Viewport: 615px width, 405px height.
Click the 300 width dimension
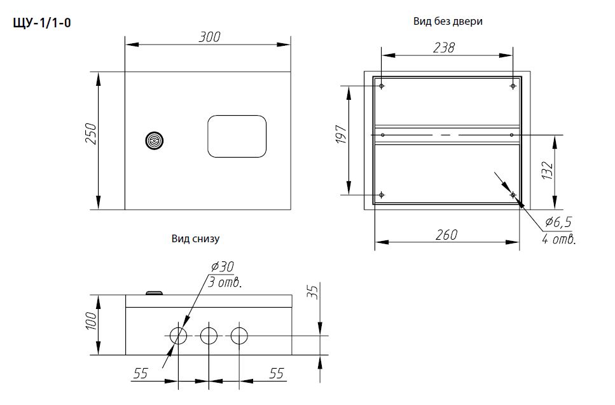pyautogui.click(x=209, y=37)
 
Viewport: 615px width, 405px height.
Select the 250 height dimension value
pyautogui.click(x=90, y=134)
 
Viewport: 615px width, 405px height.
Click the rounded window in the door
pyautogui.click(x=237, y=136)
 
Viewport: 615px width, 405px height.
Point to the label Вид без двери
pyautogui.click(x=448, y=22)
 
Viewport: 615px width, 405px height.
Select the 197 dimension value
pyautogui.click(x=341, y=137)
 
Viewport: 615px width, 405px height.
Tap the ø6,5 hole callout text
pyautogui.click(x=558, y=222)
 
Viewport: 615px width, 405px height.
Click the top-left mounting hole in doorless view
pyautogui.click(x=381, y=86)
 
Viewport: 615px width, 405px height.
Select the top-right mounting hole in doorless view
pyautogui.click(x=513, y=86)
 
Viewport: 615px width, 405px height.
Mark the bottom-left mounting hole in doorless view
pyautogui.click(x=381, y=195)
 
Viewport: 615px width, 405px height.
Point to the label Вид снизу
pyautogui.click(x=195, y=239)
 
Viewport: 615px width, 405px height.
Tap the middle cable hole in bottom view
pyautogui.click(x=209, y=335)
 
